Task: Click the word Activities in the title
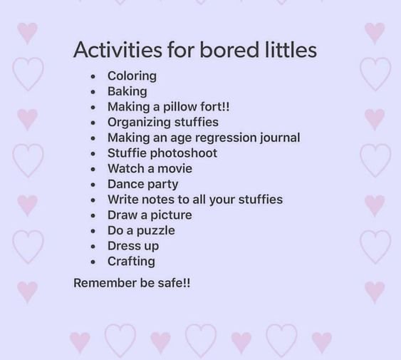[x=118, y=49]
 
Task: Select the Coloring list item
[x=132, y=76]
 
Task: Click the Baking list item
[x=127, y=92]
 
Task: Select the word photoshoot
[x=183, y=153]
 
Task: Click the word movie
[x=175, y=169]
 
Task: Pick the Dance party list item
[x=143, y=185]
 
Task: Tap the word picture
[x=171, y=215]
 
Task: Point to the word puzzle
[x=156, y=231]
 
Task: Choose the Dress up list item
[x=133, y=247]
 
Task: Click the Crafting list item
[x=131, y=262]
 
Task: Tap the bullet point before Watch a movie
[x=93, y=169]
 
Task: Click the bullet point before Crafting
[x=93, y=262]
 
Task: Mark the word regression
[x=226, y=138]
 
